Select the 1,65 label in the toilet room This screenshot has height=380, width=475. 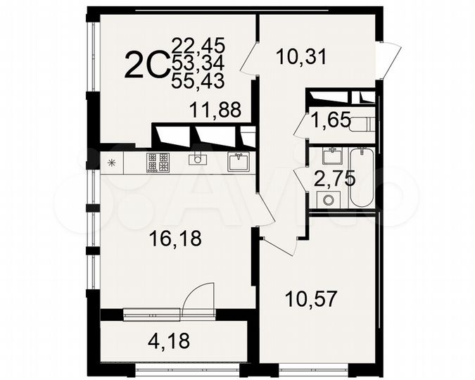[x=330, y=121]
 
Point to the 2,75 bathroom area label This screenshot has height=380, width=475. [x=335, y=179]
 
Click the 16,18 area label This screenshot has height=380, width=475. [x=176, y=239]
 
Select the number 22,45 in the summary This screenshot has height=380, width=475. [x=198, y=46]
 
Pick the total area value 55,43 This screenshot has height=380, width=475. [x=198, y=81]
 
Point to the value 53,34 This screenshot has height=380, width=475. [x=198, y=64]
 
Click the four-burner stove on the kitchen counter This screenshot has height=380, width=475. [x=158, y=163]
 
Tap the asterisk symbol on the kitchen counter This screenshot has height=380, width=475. [x=110, y=163]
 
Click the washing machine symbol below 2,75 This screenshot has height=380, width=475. [x=325, y=199]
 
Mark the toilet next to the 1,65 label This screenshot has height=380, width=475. [x=360, y=124]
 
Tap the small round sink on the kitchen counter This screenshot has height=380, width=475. [x=197, y=160]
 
